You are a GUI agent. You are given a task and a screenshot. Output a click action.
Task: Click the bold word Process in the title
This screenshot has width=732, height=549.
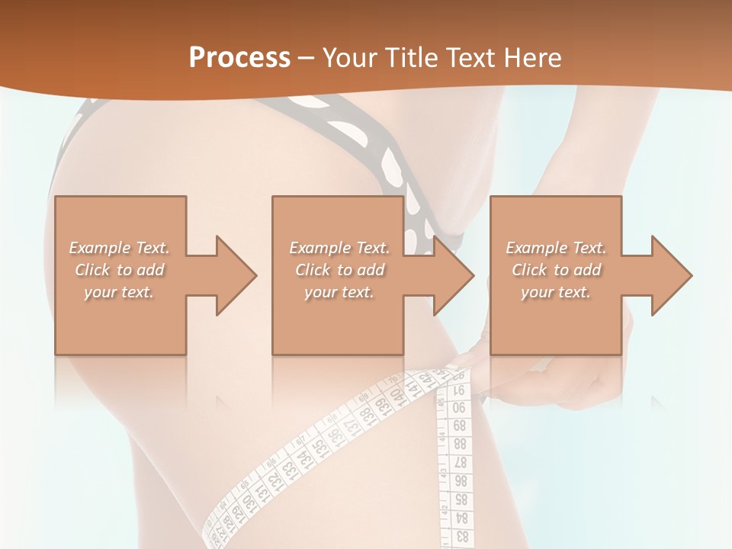pos(239,58)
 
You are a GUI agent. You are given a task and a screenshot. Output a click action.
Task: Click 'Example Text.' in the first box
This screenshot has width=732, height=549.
pos(120,248)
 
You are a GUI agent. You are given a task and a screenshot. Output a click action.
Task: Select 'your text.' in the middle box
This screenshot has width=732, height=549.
pos(339,292)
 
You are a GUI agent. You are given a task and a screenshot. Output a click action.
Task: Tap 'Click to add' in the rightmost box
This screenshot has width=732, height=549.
pos(557,270)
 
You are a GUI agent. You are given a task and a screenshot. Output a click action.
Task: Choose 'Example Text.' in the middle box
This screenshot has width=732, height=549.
pos(339,248)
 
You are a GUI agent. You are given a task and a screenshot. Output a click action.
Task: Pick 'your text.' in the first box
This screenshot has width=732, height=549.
pos(120,292)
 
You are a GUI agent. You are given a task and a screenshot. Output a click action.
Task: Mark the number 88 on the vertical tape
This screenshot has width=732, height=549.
pos(460,444)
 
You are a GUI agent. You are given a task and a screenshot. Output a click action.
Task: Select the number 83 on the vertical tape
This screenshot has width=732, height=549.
pos(461,536)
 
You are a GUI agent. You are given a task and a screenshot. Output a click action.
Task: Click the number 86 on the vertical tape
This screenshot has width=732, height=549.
pos(461,481)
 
